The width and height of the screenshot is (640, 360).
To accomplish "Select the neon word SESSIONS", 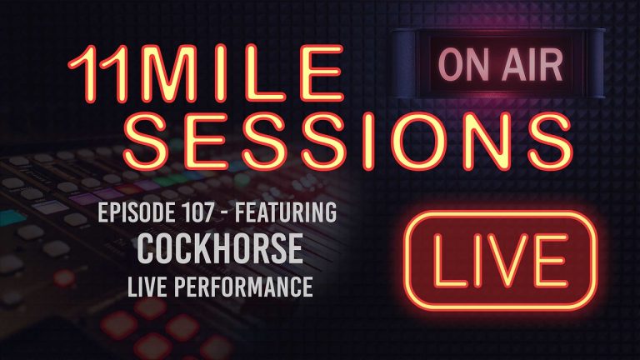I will click(316, 142).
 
